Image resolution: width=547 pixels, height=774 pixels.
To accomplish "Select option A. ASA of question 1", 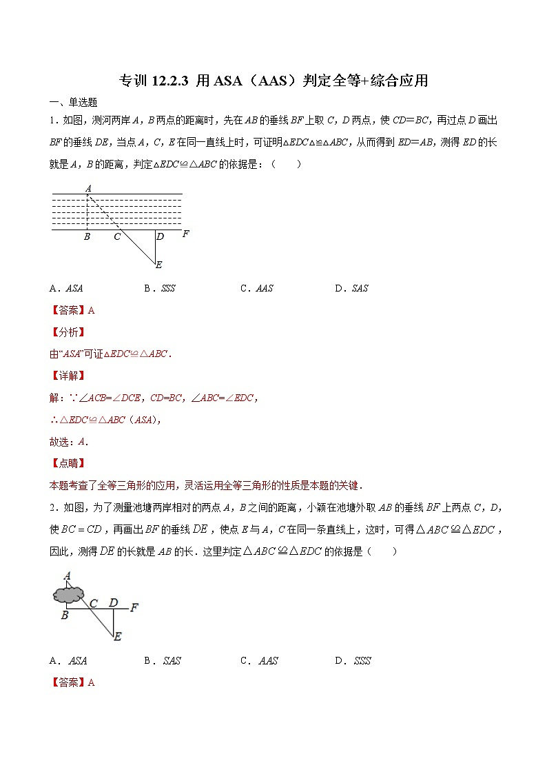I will [x=66, y=289].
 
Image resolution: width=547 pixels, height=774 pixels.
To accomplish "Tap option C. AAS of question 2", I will [x=259, y=661].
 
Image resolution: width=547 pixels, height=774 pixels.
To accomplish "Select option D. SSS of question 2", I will [x=353, y=661].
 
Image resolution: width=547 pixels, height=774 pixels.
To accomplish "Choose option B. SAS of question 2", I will [x=162, y=661].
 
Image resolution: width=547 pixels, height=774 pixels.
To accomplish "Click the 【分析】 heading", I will [x=67, y=332].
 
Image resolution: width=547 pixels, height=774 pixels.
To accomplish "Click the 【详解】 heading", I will [x=67, y=376].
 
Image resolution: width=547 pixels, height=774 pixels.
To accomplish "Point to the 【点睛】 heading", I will [x=67, y=463].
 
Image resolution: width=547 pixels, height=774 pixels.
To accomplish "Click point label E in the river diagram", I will [x=158, y=265].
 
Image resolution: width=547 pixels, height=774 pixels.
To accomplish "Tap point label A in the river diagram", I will [x=88, y=187].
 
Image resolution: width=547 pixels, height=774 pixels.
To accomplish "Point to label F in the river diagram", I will [x=185, y=234].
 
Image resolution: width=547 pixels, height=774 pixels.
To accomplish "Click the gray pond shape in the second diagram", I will [x=68, y=593].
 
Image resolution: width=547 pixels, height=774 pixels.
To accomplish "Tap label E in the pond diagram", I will [x=117, y=637].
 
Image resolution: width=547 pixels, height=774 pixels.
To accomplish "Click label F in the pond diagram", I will [x=134, y=607].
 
